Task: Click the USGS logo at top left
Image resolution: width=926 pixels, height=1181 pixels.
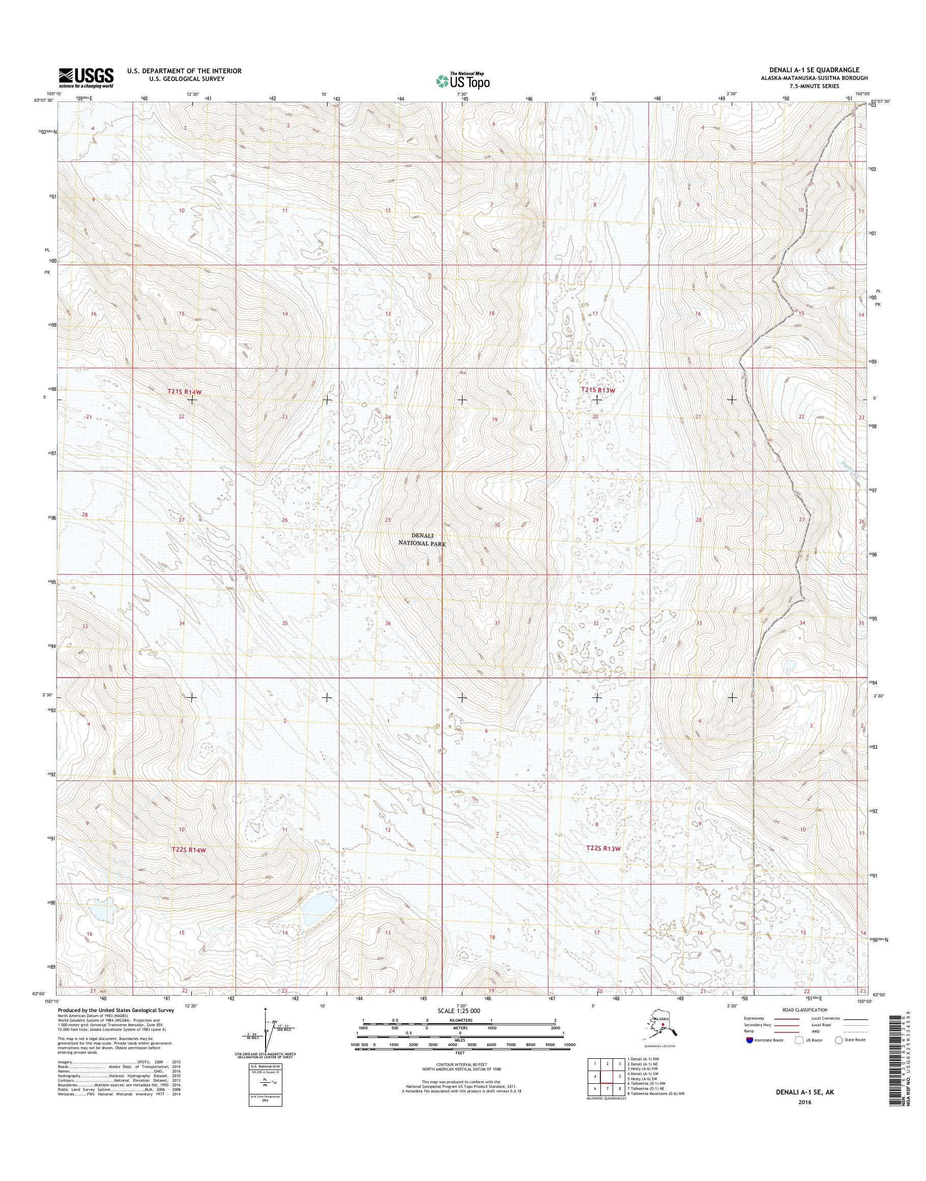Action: [86, 77]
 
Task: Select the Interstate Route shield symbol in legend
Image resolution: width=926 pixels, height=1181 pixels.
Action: [750, 1040]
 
